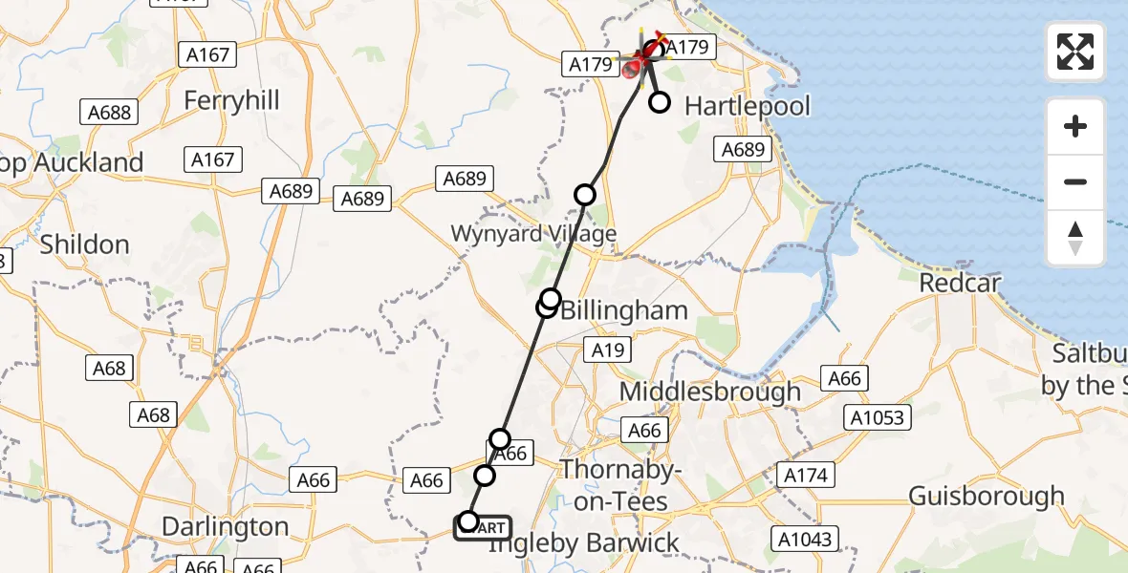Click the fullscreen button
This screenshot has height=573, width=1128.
coord(1075,52)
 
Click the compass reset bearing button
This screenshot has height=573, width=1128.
coord(1075,238)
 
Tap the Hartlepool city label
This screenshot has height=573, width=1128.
coord(748,105)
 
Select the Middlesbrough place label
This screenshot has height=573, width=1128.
coord(710,392)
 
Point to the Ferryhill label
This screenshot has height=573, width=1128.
coord(231,100)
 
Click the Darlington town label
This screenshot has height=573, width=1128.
coord(226,526)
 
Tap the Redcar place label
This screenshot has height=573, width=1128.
coord(960,283)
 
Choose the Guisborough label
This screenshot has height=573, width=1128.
coord(986,497)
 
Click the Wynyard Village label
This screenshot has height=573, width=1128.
coord(533,234)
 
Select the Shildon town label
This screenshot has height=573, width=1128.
coord(84,244)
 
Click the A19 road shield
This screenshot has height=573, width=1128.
coord(608,350)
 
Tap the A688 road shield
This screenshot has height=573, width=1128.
coord(109,112)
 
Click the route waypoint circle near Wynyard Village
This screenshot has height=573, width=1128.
coord(584,195)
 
